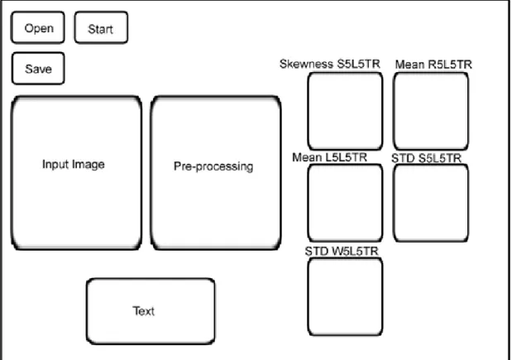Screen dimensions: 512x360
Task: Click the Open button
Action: (x=38, y=27)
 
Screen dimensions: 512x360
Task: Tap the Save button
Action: (x=38, y=68)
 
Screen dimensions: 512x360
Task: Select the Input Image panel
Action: (x=76, y=173)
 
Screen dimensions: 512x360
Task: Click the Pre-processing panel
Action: (x=216, y=173)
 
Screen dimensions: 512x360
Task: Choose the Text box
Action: (x=151, y=311)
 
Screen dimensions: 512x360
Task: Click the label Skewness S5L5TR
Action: (x=330, y=64)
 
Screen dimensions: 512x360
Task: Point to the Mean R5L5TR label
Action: (x=433, y=65)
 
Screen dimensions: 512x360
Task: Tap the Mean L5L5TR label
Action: (x=329, y=157)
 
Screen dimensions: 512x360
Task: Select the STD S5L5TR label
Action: (x=426, y=158)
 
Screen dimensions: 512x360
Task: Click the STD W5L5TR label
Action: (x=342, y=251)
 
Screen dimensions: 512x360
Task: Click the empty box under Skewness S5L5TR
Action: (x=345, y=111)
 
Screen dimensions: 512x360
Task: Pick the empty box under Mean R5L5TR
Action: (x=431, y=111)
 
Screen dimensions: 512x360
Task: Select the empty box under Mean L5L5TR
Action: (x=345, y=203)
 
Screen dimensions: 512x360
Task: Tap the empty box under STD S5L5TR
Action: (x=431, y=203)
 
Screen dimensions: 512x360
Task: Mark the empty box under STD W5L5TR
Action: (x=345, y=296)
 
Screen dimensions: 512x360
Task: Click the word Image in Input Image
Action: (x=89, y=165)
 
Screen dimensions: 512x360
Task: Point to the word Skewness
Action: (x=307, y=64)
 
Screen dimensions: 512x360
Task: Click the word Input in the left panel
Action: (x=55, y=165)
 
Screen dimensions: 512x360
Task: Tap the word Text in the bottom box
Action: (x=144, y=310)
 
